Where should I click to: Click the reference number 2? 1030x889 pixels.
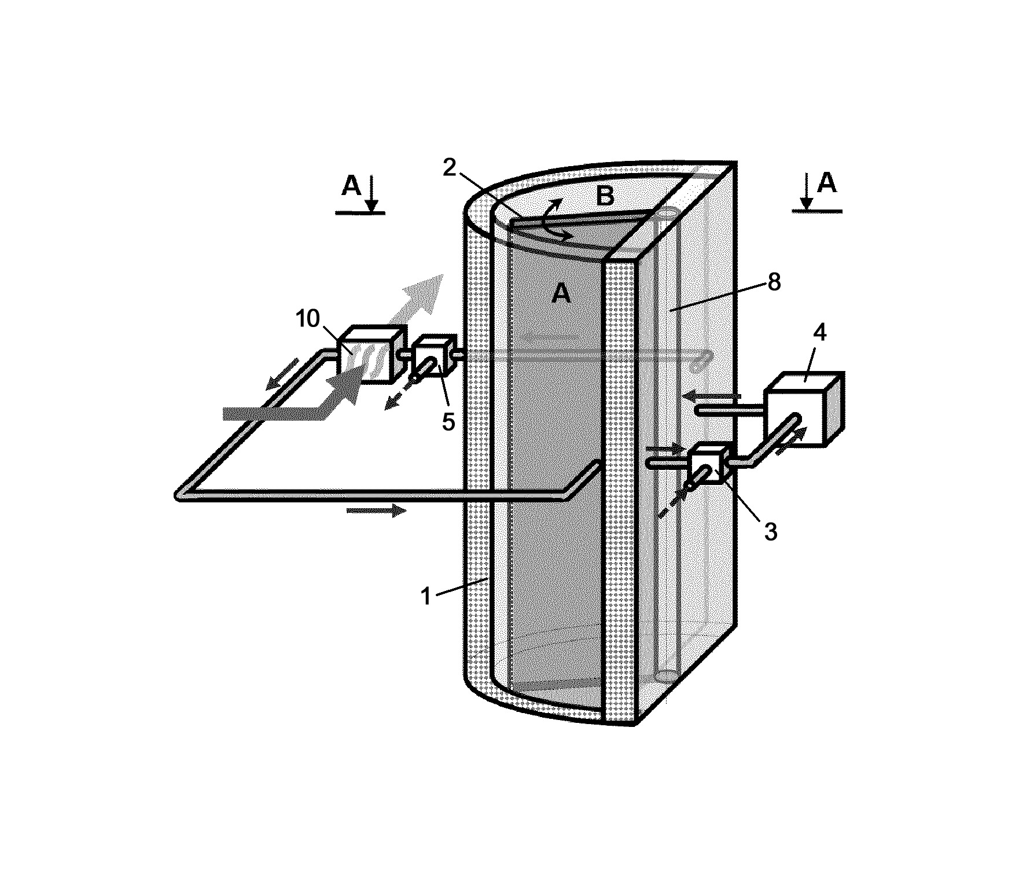click(x=451, y=167)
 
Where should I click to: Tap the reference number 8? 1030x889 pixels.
click(x=774, y=282)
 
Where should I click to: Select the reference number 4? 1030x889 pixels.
click(x=819, y=333)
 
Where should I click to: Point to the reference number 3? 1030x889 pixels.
click(x=770, y=531)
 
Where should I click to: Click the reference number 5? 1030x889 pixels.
click(x=448, y=422)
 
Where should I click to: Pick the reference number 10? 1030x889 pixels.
click(x=308, y=318)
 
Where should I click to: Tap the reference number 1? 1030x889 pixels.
click(x=426, y=596)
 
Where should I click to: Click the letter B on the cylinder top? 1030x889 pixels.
click(x=605, y=197)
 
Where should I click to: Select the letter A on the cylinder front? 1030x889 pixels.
click(x=561, y=295)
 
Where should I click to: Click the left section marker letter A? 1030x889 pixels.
click(x=351, y=186)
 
